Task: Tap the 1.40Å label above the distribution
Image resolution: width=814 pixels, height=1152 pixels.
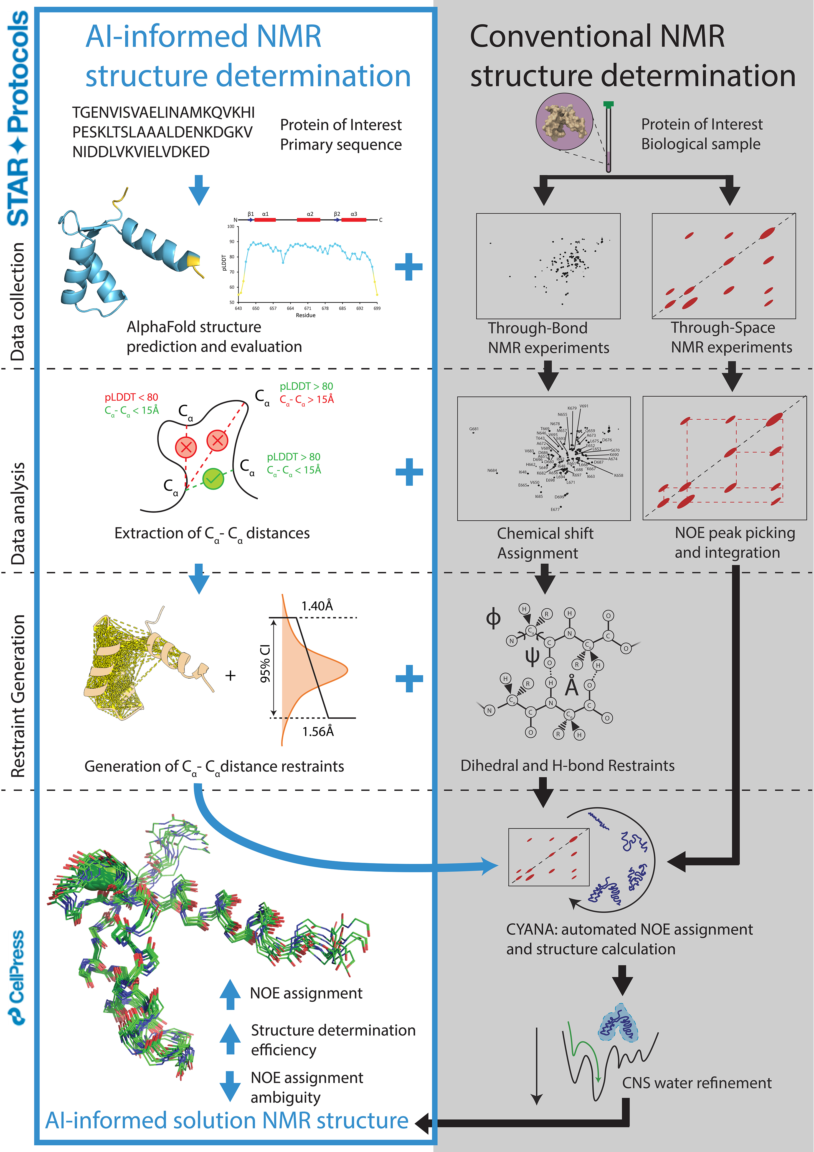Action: click(x=317, y=606)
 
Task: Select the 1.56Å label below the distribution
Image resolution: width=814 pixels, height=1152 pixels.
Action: click(x=318, y=732)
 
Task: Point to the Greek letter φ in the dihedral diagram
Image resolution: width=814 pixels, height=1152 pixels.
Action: click(x=493, y=618)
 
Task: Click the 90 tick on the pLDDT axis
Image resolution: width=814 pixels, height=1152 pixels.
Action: click(x=231, y=242)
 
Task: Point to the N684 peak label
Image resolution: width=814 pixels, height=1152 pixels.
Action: click(x=492, y=471)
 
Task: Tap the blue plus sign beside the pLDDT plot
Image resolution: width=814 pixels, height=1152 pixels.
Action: click(x=409, y=266)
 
